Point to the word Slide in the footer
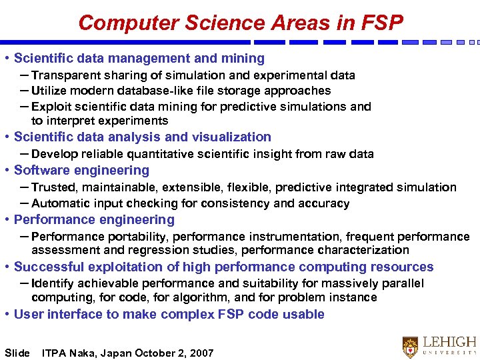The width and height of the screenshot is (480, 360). coord(17,353)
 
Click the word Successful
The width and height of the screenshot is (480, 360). coord(47,267)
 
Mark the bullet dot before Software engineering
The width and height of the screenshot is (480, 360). coord(6,171)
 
